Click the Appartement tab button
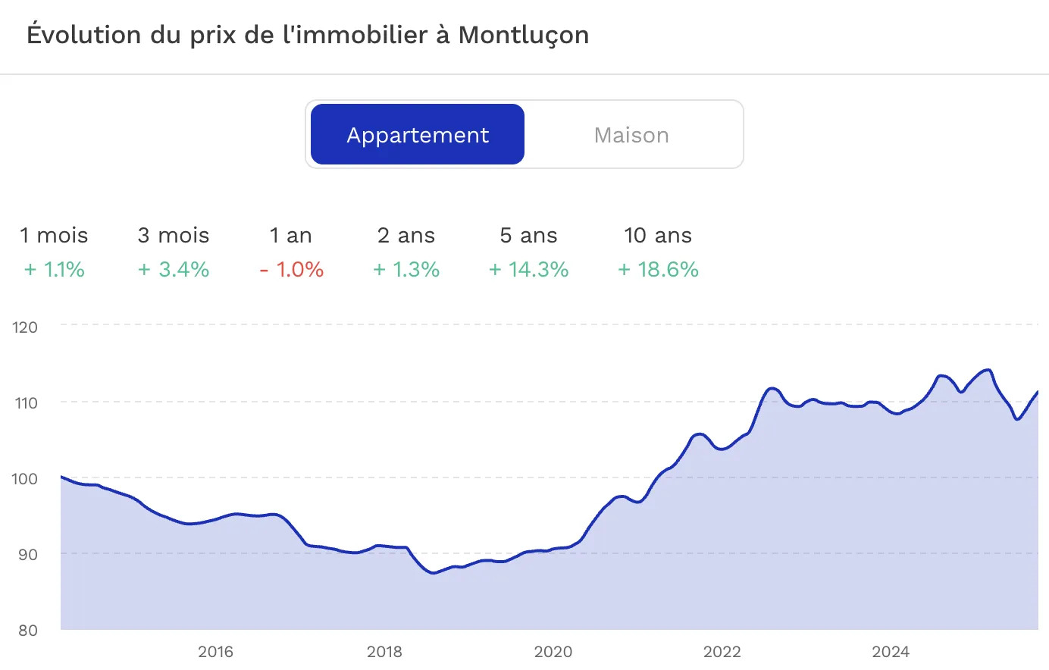click(x=418, y=135)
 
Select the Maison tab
click(x=631, y=135)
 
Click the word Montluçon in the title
click(x=524, y=35)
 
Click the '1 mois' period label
click(x=54, y=236)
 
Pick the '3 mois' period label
click(x=174, y=236)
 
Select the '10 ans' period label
click(x=658, y=236)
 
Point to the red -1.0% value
click(x=292, y=270)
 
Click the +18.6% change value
click(x=658, y=270)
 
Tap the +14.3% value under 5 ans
click(x=529, y=270)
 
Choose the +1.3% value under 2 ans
click(x=407, y=270)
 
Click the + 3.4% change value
click(x=174, y=270)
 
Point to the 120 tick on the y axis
click(x=25, y=327)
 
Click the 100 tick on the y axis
click(x=25, y=479)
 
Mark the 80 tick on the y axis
click(x=27, y=631)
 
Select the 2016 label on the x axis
click(x=215, y=652)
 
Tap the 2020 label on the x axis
click(x=553, y=652)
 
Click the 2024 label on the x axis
click(x=891, y=652)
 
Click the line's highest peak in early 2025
click(x=988, y=370)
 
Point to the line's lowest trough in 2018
click(x=434, y=573)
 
